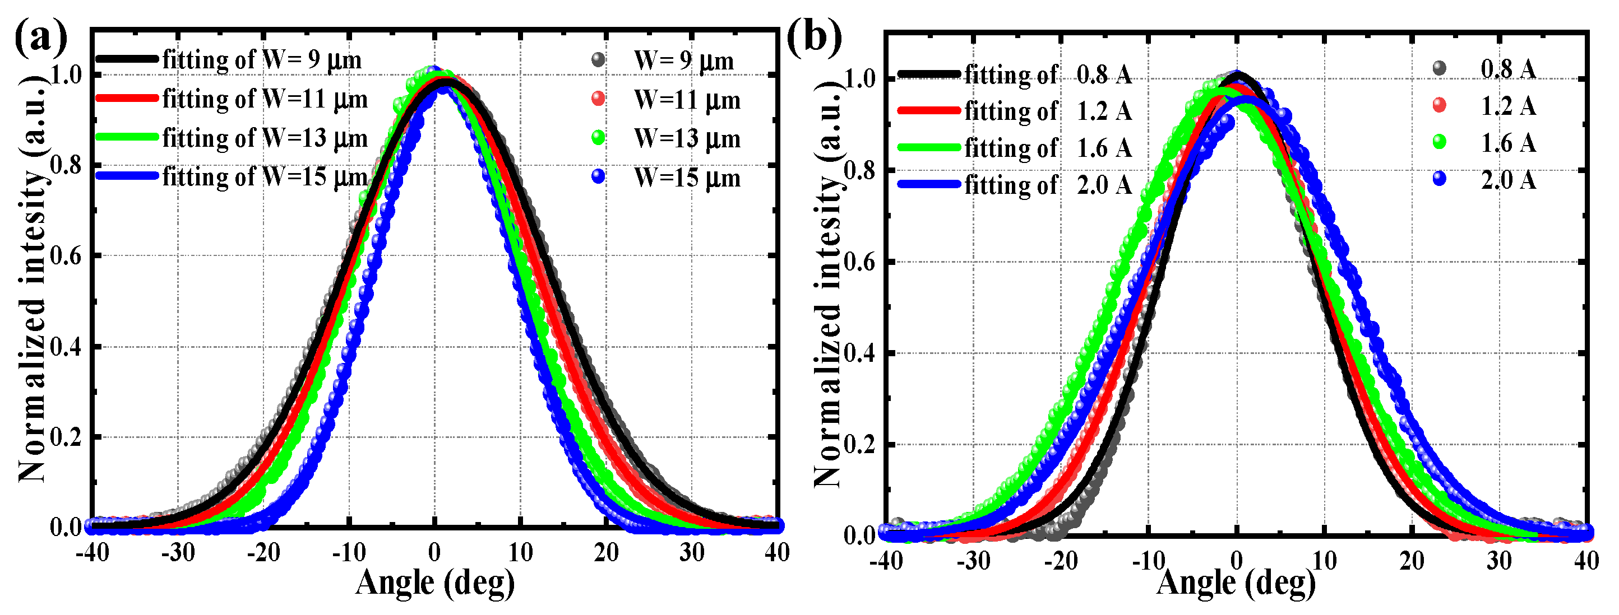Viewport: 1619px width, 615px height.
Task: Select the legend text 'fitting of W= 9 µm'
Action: [261, 60]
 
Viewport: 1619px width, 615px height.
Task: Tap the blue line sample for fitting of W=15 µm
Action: [126, 176]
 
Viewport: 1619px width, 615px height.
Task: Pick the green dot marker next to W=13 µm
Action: [598, 138]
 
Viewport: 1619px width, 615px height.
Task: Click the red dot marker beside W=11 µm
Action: [598, 99]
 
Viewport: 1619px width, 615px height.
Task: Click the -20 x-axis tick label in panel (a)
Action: [263, 553]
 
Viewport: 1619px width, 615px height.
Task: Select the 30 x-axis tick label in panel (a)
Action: [691, 553]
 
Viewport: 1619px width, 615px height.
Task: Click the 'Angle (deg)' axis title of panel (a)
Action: [435, 583]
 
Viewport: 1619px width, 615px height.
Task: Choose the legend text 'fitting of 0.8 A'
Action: [1048, 74]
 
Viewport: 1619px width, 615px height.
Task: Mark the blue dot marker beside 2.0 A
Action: [1439, 180]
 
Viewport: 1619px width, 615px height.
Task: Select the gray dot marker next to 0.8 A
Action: [1439, 68]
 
